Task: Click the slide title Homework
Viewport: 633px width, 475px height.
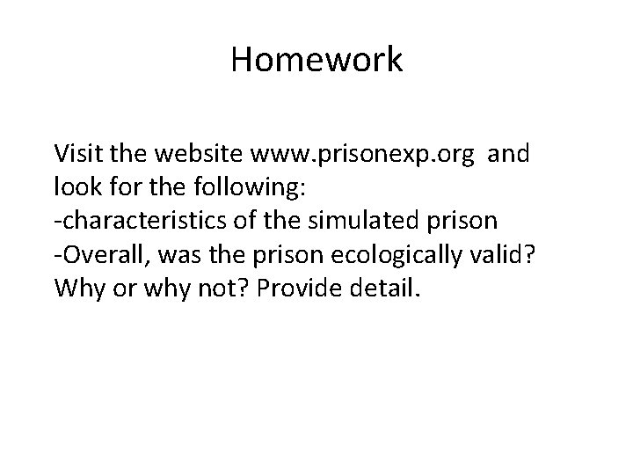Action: [316, 61]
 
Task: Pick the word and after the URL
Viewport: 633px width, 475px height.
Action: [506, 155]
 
